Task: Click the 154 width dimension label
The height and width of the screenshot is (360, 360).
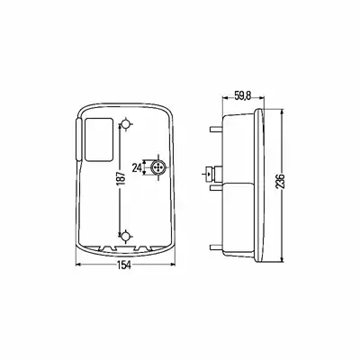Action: pyautogui.click(x=124, y=265)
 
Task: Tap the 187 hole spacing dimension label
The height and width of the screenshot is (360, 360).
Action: pyautogui.click(x=121, y=179)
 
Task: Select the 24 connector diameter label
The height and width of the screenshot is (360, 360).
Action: pyautogui.click(x=137, y=168)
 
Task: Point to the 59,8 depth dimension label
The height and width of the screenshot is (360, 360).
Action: pyautogui.click(x=243, y=96)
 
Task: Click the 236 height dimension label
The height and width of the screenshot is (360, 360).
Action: pyautogui.click(x=280, y=181)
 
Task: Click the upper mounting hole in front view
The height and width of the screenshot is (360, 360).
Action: pyautogui.click(x=126, y=123)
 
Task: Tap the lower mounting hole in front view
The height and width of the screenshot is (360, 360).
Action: pyautogui.click(x=126, y=237)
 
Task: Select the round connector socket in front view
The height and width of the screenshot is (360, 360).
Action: pyautogui.click(x=158, y=167)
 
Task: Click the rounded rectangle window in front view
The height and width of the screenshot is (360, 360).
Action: pyautogui.click(x=99, y=139)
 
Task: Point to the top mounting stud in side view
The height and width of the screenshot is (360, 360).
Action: pyautogui.click(x=216, y=129)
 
